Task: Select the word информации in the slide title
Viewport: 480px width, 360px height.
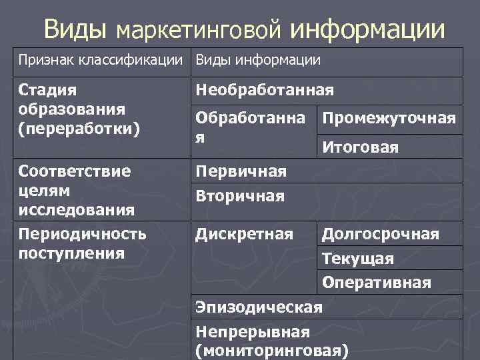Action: [367, 29]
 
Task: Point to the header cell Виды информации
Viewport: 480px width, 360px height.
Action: [257, 61]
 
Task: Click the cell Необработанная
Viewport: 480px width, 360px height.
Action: [264, 90]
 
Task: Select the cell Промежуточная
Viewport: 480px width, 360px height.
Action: [389, 119]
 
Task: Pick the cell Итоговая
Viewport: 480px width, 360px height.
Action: [360, 148]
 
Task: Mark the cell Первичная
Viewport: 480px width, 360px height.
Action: [240, 172]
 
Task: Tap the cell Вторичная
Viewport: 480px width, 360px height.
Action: [239, 197]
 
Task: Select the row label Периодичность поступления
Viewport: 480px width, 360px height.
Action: [83, 243]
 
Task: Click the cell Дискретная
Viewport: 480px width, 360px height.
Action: [243, 234]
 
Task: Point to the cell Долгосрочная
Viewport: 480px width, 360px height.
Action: [381, 234]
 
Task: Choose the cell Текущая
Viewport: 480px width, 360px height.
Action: [358, 259]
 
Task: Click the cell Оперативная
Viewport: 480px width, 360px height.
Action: [377, 283]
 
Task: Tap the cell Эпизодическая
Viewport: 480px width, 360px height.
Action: [259, 307]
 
